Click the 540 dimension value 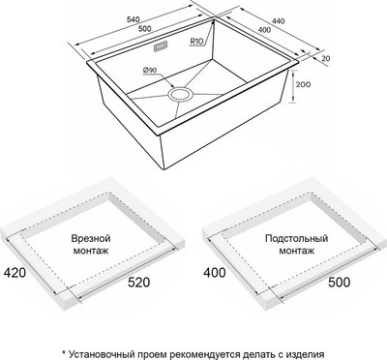point(134,19)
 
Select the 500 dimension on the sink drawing point(144,29)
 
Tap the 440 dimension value point(278,21)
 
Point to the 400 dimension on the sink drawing point(264,30)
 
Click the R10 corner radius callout point(196,42)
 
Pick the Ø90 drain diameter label point(149,70)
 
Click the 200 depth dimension point(303,85)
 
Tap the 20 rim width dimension point(326,58)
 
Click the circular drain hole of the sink point(180,95)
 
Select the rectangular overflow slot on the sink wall point(161,46)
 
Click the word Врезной point(91,238)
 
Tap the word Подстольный point(297,238)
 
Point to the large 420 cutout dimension point(15,273)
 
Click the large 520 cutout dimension point(138,283)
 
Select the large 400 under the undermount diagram point(215,273)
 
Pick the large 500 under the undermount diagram point(339,283)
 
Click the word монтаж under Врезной point(91,251)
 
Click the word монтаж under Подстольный point(297,251)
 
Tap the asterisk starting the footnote point(64,351)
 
